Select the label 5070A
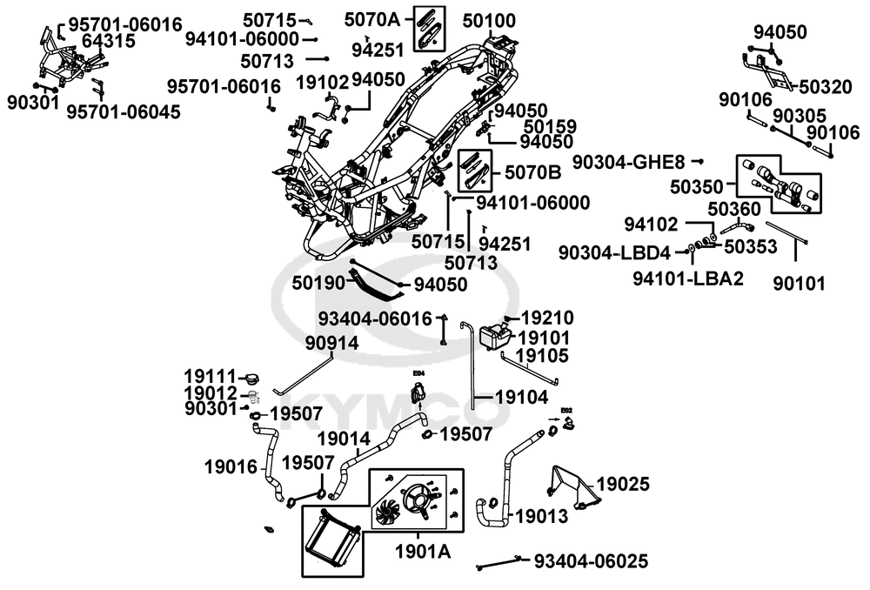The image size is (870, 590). [371, 19]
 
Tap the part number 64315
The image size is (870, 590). [103, 41]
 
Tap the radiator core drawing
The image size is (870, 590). [332, 539]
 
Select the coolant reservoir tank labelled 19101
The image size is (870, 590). [492, 335]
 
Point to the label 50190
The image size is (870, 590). [318, 283]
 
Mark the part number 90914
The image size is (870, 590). [331, 343]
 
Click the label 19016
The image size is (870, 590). [231, 466]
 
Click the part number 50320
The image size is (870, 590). [826, 86]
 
